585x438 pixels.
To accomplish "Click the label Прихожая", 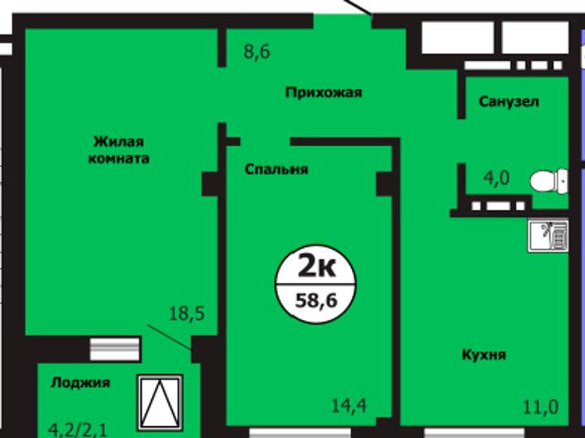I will pyautogui.click(x=324, y=92).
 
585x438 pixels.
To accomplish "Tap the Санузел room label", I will pyautogui.click(x=508, y=101).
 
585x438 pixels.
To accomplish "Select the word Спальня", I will pyautogui.click(x=276, y=169).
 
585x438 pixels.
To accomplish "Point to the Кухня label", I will pyautogui.click(x=484, y=354).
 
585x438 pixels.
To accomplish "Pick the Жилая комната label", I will pyautogui.click(x=120, y=150).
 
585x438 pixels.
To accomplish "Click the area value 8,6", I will pyautogui.click(x=257, y=52).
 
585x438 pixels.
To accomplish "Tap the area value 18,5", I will pyautogui.click(x=186, y=315).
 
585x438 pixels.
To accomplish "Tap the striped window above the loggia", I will pyautogui.click(x=115, y=348).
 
